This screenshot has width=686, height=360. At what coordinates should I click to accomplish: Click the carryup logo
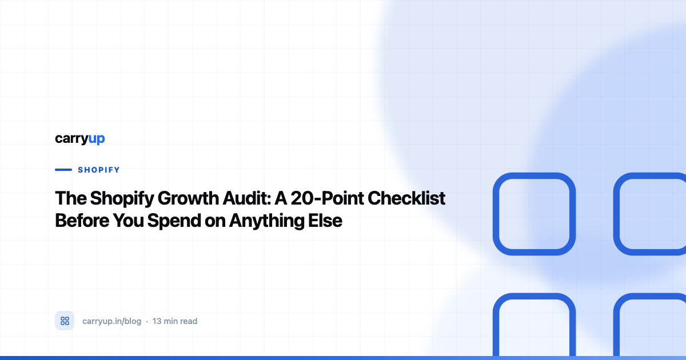80,139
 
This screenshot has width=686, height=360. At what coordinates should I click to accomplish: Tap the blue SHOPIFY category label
98,170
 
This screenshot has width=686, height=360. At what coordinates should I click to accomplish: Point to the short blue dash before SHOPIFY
63,170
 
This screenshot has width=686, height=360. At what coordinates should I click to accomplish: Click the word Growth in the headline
188,198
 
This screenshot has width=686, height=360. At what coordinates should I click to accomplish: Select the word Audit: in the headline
247,198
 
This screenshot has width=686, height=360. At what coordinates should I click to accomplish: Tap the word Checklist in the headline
406,198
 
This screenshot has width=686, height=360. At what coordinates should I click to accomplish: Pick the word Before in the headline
82,221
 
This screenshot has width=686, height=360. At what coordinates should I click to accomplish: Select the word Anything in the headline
266,221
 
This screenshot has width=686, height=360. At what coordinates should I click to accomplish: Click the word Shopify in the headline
122,199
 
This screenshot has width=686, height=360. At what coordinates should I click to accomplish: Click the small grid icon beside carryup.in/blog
65,321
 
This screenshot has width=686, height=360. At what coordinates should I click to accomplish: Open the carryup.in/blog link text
112,321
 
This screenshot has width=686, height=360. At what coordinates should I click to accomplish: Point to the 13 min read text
175,321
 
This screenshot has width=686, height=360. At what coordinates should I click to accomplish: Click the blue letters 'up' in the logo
97,139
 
